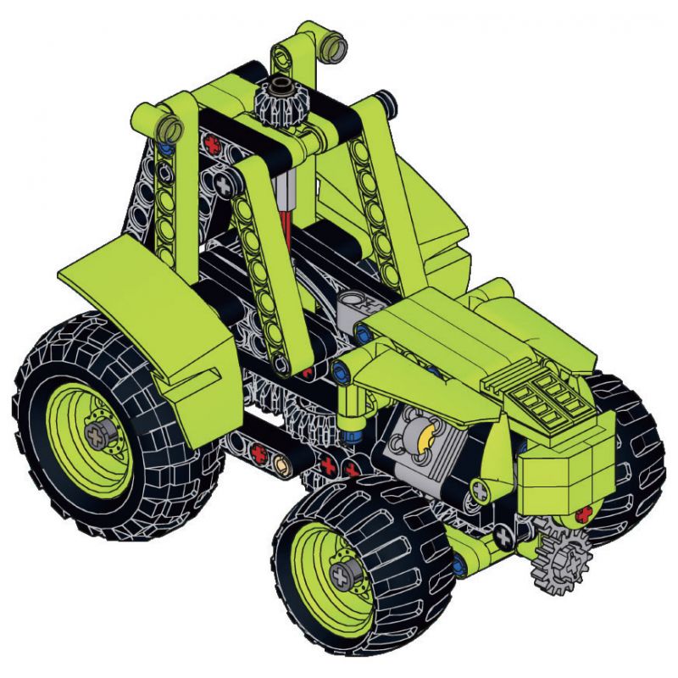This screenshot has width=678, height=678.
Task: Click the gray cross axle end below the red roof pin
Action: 224,183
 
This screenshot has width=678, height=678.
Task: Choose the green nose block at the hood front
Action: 559,475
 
